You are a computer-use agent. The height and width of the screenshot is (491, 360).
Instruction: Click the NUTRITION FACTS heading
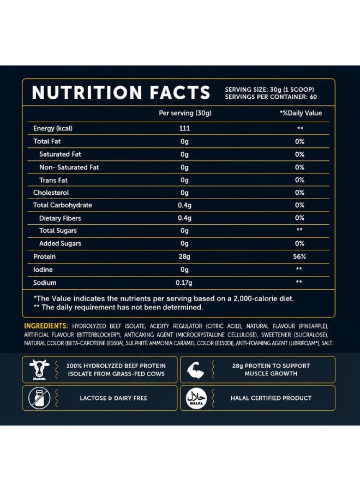coord(121,92)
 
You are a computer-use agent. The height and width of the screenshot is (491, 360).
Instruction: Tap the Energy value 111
coord(185,128)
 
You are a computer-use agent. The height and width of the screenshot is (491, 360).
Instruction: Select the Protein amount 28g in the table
coord(184,257)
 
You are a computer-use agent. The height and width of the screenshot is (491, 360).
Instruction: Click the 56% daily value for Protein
coord(299,256)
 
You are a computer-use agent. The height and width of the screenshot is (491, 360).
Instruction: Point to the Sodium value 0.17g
coord(184,283)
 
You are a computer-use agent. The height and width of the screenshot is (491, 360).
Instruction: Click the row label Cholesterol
coord(51,193)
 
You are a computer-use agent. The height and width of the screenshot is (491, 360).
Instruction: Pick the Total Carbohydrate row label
coord(63,205)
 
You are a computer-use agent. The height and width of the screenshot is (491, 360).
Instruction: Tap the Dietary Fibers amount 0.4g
coord(185,218)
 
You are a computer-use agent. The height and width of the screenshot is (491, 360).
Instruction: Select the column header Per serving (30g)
coord(185,113)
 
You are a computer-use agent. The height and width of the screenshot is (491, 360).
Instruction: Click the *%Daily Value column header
coord(301,113)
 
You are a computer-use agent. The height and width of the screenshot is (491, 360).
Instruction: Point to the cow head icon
coord(39,369)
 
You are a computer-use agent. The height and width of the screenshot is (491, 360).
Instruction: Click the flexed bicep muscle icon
coord(195,370)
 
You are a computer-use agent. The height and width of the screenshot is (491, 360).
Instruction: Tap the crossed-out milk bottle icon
coord(39,398)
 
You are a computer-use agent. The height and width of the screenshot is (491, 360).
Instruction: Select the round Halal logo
coord(196,398)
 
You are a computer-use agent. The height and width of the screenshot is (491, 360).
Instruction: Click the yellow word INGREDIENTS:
coord(46,326)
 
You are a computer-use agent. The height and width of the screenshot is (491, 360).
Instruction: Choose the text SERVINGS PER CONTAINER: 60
coord(271,97)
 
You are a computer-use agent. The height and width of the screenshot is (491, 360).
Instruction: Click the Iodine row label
coord(43,270)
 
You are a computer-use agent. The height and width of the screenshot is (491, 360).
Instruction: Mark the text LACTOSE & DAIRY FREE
coord(113,398)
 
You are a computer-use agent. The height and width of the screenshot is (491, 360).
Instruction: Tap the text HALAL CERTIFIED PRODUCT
coord(271,398)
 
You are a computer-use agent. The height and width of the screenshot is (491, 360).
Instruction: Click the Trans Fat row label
coord(53,180)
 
